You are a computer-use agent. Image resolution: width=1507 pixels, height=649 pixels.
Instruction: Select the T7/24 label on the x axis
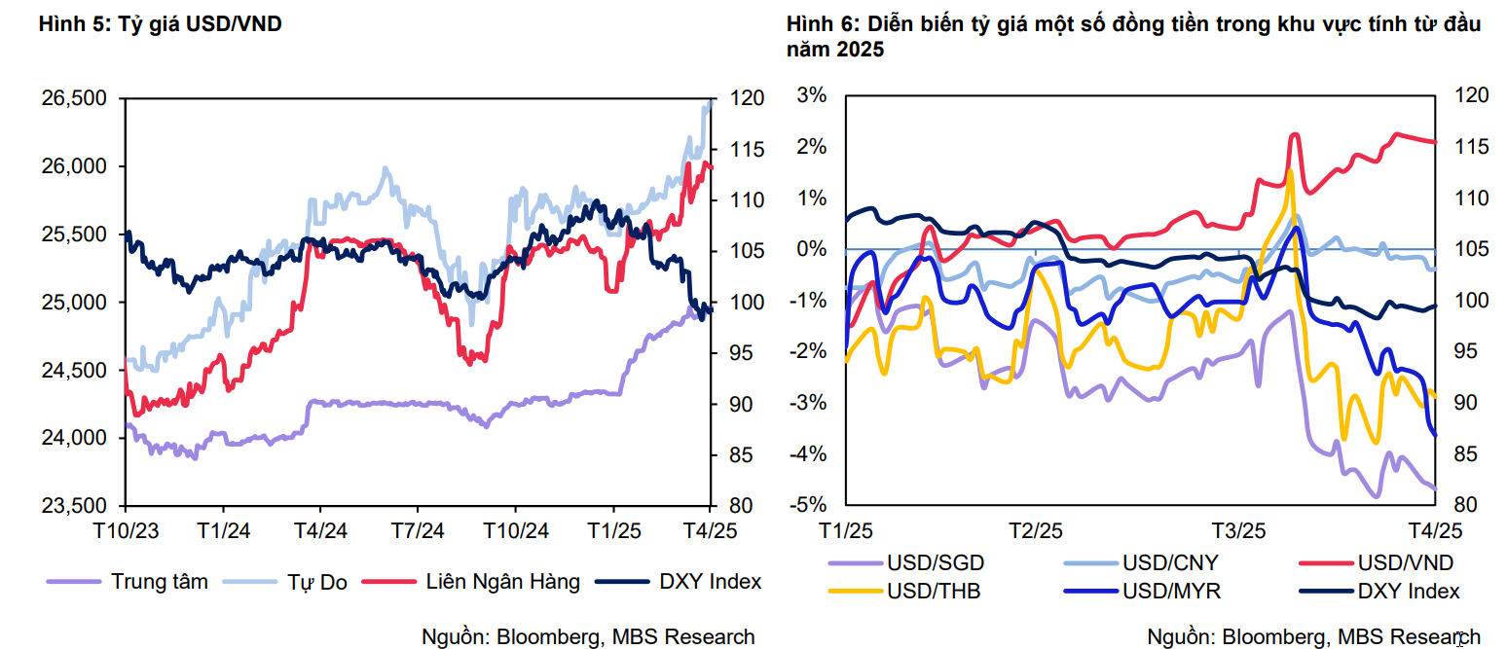(417, 530)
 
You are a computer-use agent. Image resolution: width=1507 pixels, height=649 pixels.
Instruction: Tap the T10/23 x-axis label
(126, 530)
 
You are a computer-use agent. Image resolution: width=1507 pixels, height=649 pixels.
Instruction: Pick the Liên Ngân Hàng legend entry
(502, 582)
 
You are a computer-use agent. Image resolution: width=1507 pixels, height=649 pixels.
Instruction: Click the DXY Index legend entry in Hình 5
(710, 582)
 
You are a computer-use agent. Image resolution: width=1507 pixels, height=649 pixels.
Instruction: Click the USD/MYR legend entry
(1171, 591)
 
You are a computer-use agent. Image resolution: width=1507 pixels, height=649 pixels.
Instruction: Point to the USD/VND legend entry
(1406, 562)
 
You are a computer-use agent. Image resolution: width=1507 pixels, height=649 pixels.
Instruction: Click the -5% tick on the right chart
(811, 506)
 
